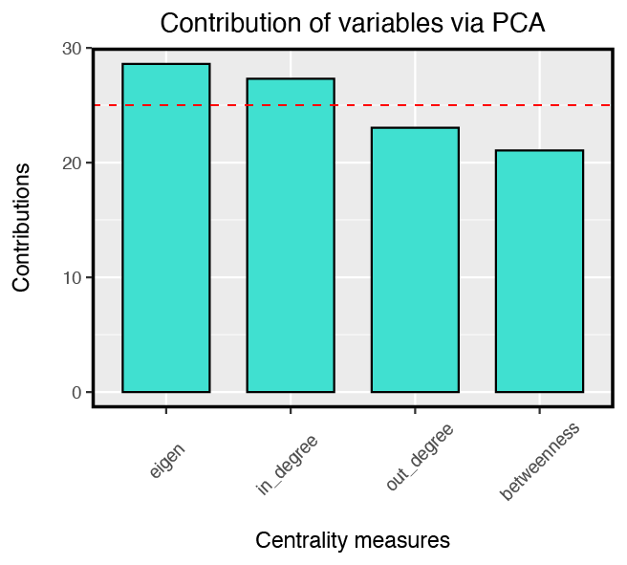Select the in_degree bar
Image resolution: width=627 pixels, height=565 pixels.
coord(291,235)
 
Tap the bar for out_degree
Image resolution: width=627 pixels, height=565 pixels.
coord(415,259)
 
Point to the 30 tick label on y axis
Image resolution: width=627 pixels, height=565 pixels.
coord(71,49)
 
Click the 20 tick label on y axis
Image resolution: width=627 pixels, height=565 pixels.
coord(71,163)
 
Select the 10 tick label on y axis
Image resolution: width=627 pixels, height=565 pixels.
coord(71,278)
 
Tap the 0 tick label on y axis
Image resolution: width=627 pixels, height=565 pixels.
coord(76,393)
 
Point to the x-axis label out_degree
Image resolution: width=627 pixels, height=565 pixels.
coord(419,459)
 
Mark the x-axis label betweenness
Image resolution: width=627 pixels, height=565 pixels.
coord(539,463)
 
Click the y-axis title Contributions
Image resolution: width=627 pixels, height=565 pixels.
coord(22,228)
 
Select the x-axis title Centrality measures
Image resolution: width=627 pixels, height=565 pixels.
coord(352,540)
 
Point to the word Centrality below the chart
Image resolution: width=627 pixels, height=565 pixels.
coord(297,540)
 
